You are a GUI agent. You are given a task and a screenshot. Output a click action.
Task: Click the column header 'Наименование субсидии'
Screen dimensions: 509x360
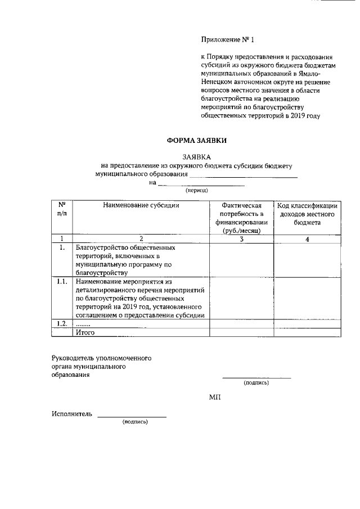click(141, 205)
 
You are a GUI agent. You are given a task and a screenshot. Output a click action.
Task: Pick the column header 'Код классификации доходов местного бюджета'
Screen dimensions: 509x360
click(306, 214)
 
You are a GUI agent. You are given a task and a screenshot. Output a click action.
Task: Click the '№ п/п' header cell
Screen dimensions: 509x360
click(62, 209)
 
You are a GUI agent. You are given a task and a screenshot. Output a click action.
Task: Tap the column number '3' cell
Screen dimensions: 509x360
click(241, 238)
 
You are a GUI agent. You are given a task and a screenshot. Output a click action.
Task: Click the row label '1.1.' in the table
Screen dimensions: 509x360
click(62, 282)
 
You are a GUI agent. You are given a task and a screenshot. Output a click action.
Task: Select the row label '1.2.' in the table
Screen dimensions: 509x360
click(62, 323)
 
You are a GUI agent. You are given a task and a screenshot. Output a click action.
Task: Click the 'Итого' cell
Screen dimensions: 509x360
click(85, 332)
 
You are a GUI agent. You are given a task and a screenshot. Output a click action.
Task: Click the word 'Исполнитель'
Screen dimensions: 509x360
click(71, 415)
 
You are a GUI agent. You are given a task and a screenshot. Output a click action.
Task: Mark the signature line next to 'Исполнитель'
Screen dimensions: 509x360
click(132, 416)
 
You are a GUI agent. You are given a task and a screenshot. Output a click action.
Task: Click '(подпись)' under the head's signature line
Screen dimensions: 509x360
click(256, 383)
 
